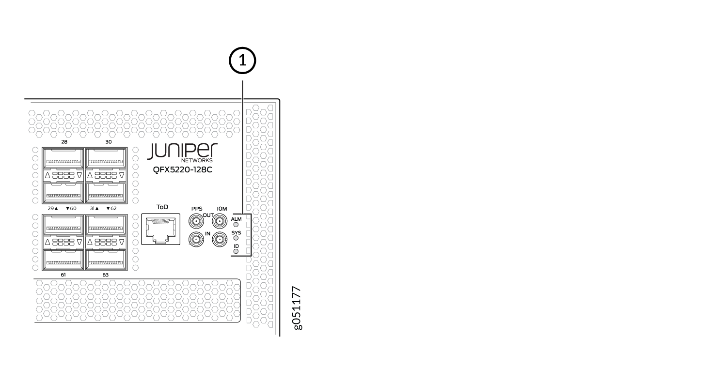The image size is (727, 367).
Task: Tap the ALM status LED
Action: pos(236,225)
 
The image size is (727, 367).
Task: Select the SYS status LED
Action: pos(236,239)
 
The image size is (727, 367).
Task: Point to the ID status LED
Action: pos(236,251)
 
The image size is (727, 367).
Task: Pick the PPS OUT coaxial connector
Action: pos(196,222)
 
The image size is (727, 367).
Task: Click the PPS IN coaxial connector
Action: pos(196,239)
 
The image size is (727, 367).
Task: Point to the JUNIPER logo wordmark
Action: pos(182,151)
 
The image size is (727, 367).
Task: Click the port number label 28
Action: pos(64,142)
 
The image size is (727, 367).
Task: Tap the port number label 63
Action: pos(106,275)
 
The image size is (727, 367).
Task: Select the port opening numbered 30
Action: pos(106,157)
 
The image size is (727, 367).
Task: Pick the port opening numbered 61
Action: pos(63,260)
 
